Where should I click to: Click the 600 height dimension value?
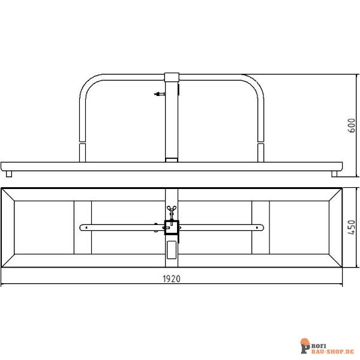pos(352,125)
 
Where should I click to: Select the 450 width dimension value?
pos(352,227)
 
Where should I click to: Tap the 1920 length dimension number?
pos(172,278)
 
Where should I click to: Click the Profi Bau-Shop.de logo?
pos(326,347)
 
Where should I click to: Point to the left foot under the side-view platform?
pos(9,173)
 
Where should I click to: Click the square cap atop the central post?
pos(172,77)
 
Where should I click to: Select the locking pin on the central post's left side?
pos(159,94)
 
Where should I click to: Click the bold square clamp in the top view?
pos(172,227)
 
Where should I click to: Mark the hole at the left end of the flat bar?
pos(86,227)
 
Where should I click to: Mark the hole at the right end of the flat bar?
pos(257,227)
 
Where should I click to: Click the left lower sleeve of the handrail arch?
pos(82,152)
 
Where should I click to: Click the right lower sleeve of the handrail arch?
pos(261,152)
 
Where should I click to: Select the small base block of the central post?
pos(172,160)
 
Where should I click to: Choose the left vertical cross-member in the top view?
pos(83,227)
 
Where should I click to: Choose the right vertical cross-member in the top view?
pos(261,227)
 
